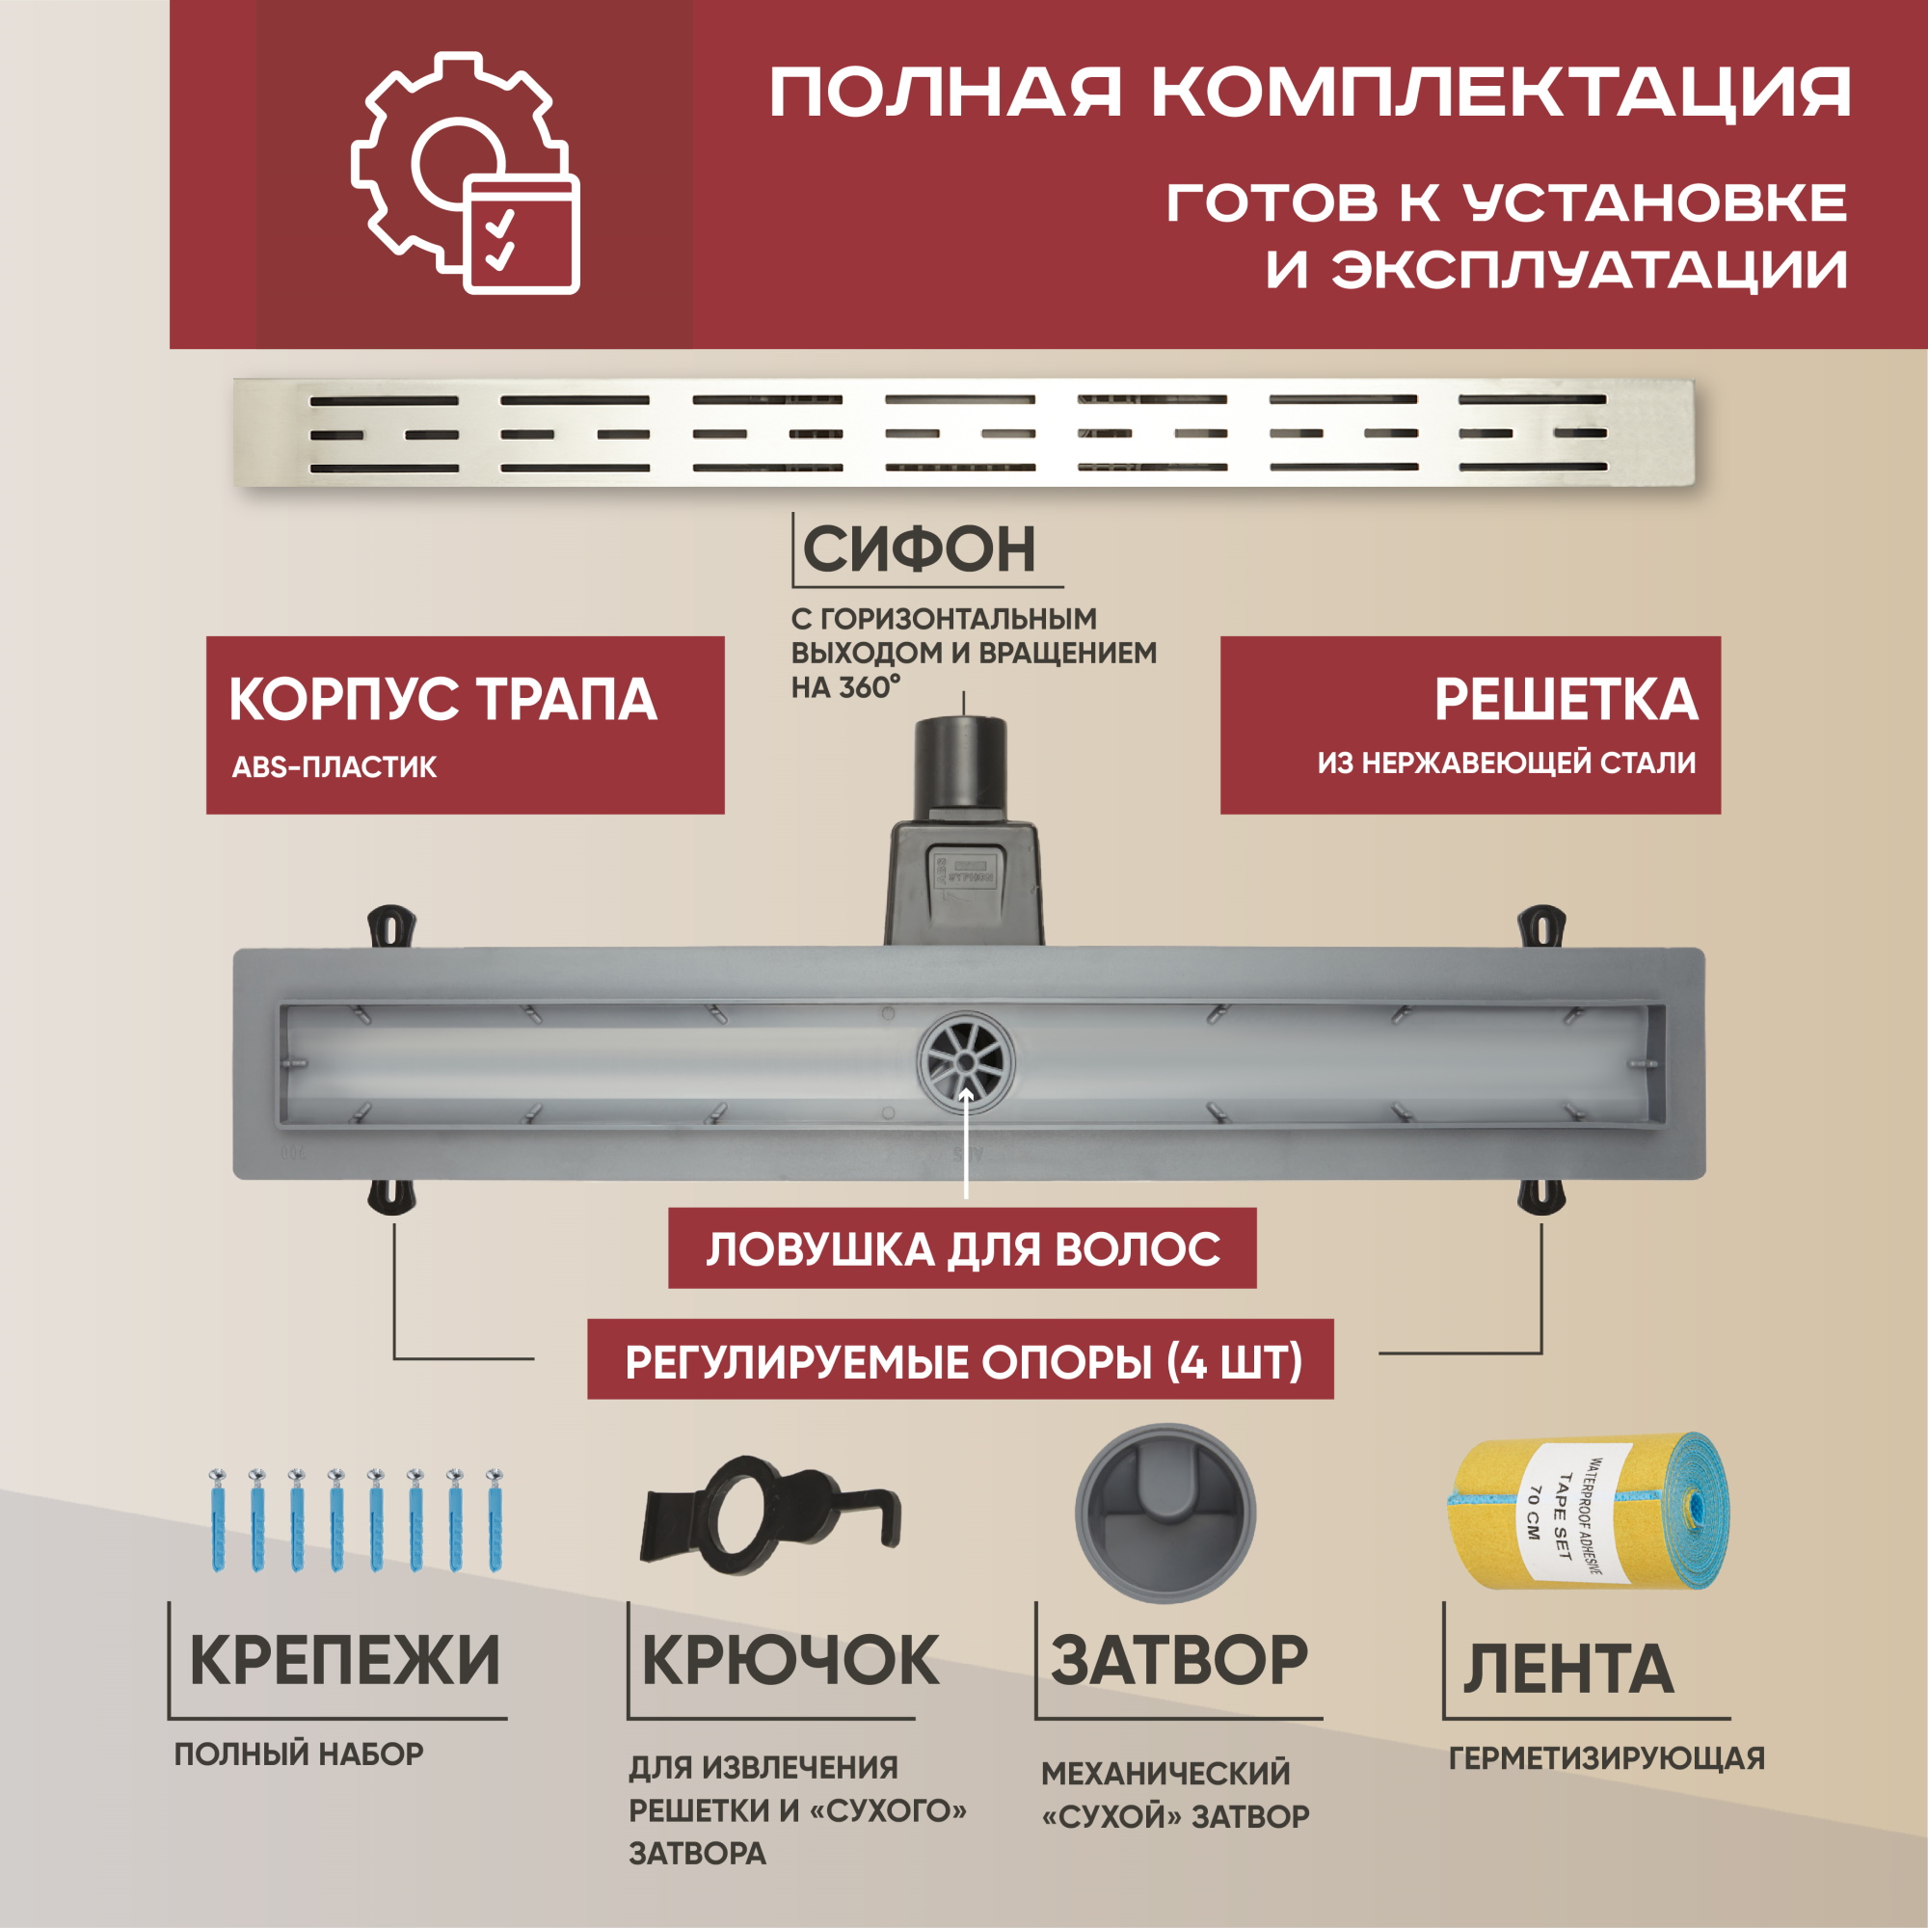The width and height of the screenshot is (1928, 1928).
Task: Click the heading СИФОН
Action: (x=919, y=549)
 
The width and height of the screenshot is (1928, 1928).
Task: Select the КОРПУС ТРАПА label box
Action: (x=465, y=725)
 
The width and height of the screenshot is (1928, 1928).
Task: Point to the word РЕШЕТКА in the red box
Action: (x=1566, y=700)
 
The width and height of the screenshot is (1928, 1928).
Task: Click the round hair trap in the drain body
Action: (x=965, y=1065)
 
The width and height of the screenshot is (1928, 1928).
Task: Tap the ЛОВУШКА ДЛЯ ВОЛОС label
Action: (x=962, y=1248)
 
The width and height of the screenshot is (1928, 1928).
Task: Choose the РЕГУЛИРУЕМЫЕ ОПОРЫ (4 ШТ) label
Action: (x=960, y=1359)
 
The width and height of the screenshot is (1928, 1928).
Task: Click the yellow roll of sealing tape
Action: (x=1589, y=1513)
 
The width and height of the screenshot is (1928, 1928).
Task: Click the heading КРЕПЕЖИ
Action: (x=344, y=1661)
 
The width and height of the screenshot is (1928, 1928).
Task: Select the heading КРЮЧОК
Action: (x=790, y=1661)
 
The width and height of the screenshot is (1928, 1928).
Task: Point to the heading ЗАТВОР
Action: (x=1179, y=1660)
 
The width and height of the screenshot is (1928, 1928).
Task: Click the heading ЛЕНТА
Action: (x=1567, y=1669)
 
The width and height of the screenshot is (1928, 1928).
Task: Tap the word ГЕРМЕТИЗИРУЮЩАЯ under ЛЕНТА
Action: (x=1607, y=1758)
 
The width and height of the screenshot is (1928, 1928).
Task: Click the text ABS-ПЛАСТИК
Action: (x=335, y=766)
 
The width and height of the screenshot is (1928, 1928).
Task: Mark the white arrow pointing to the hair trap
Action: (x=965, y=1141)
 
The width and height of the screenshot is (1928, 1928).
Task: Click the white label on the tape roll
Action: (x=1560, y=1516)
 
